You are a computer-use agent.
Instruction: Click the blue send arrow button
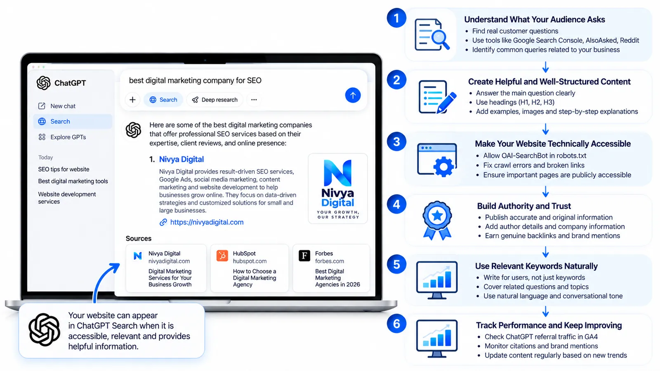click(353, 95)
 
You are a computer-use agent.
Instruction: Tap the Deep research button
click(215, 100)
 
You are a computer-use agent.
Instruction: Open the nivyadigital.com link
click(207, 222)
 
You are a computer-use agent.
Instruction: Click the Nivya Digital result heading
click(181, 159)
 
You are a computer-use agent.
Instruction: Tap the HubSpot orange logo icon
click(222, 256)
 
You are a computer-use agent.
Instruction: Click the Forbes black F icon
click(304, 256)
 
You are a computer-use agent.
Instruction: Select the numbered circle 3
click(396, 142)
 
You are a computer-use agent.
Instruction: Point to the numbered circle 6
click(396, 324)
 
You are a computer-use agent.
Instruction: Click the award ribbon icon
click(437, 220)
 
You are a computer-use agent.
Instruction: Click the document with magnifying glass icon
click(432, 35)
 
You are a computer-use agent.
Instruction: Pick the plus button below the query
click(132, 100)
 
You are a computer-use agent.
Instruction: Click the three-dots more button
click(254, 100)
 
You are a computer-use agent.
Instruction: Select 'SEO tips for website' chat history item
click(64, 169)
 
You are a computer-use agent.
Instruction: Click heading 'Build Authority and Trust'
click(524, 206)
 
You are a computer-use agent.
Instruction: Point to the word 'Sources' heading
click(139, 238)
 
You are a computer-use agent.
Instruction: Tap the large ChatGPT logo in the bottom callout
click(44, 329)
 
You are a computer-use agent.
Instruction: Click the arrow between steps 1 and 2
click(545, 67)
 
